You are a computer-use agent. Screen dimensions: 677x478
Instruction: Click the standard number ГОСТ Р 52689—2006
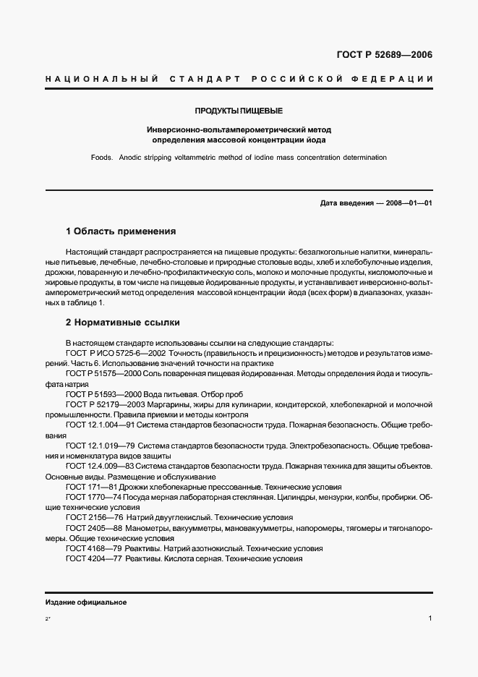(x=385, y=55)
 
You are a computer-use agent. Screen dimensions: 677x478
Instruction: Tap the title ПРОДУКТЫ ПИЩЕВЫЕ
(x=239, y=111)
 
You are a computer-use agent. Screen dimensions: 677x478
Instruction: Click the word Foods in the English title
(x=103, y=157)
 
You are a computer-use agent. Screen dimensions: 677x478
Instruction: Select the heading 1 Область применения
(x=121, y=232)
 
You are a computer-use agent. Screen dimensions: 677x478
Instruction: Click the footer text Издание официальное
(x=86, y=603)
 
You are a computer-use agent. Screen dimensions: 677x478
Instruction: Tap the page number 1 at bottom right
(x=430, y=619)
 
